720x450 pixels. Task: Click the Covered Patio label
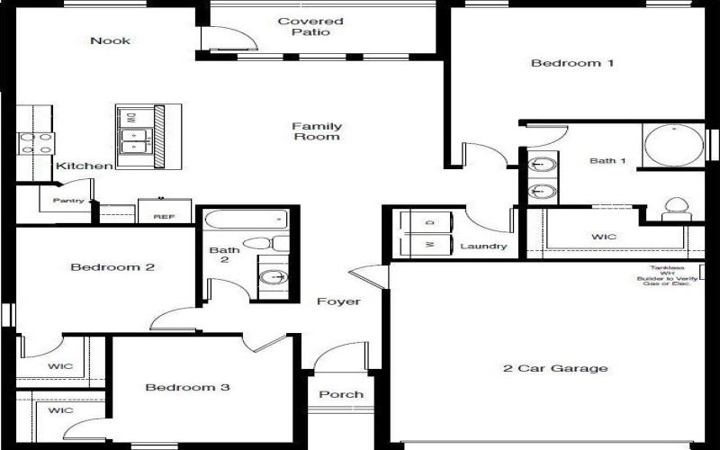pyautogui.click(x=310, y=27)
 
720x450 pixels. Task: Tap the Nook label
pyautogui.click(x=110, y=40)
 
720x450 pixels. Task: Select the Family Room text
pyautogui.click(x=317, y=131)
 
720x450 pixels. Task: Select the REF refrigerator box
pyautogui.click(x=164, y=212)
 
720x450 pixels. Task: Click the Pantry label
pyautogui.click(x=67, y=201)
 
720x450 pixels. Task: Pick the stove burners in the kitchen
pyautogui.click(x=35, y=143)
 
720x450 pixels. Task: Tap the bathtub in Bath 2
pyautogui.click(x=245, y=219)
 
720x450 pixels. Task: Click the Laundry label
pyautogui.click(x=483, y=247)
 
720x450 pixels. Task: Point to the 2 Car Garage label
pyautogui.click(x=554, y=368)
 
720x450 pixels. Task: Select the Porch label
pyautogui.click(x=342, y=394)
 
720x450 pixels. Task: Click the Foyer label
pyautogui.click(x=338, y=301)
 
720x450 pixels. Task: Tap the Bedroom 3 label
pyautogui.click(x=188, y=388)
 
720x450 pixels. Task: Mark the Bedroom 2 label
pyautogui.click(x=112, y=267)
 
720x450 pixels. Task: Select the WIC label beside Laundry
pyautogui.click(x=604, y=238)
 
